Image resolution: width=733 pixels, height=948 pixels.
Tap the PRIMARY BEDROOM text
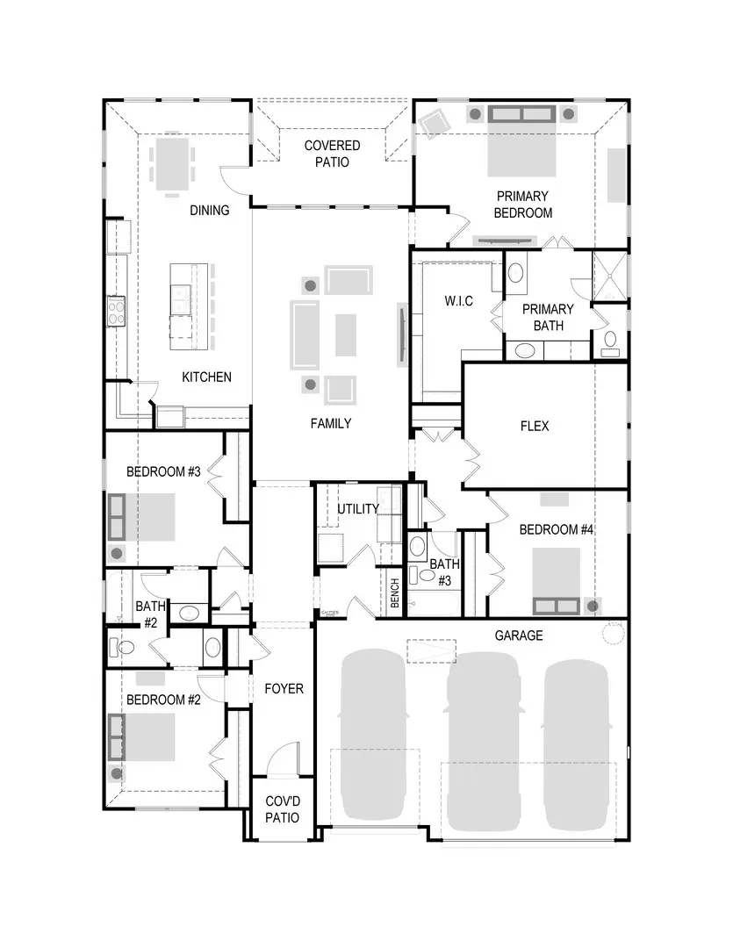click(x=522, y=205)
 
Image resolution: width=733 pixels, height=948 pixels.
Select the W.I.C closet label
click(x=458, y=301)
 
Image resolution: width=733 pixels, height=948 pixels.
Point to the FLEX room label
click(x=535, y=426)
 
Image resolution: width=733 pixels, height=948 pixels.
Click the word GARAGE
click(x=518, y=636)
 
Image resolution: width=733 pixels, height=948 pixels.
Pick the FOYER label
click(x=284, y=689)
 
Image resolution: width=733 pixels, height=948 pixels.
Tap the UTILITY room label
click(x=358, y=509)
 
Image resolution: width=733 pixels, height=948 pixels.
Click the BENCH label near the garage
click(x=395, y=594)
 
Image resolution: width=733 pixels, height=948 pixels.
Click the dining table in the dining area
click(x=169, y=165)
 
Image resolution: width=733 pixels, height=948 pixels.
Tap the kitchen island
click(x=181, y=301)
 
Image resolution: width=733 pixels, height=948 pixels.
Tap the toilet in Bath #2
click(x=122, y=649)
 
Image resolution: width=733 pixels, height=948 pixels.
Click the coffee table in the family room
click(x=346, y=334)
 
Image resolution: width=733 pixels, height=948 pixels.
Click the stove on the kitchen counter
click(x=117, y=309)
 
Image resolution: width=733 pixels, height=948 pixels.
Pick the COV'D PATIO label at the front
click(x=283, y=809)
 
